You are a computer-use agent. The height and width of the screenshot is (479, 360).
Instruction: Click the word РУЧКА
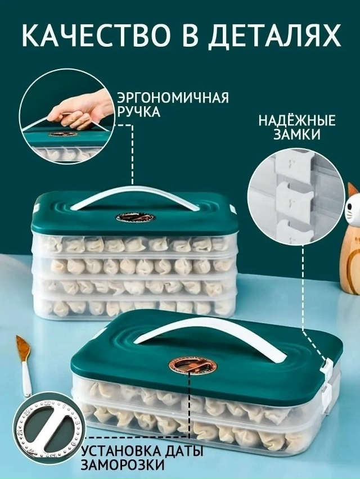point(139,112)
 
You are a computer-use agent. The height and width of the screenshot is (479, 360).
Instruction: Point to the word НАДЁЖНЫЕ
point(297,120)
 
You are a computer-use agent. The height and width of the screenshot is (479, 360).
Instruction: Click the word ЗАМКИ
point(297,135)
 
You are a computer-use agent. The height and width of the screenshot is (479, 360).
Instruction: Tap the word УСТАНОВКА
point(119,451)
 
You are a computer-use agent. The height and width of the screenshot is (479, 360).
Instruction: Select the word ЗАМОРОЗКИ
point(122,466)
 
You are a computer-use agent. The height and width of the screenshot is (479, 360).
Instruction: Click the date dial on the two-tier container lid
point(192,365)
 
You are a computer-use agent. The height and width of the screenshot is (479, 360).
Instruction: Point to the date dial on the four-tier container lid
point(136,218)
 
